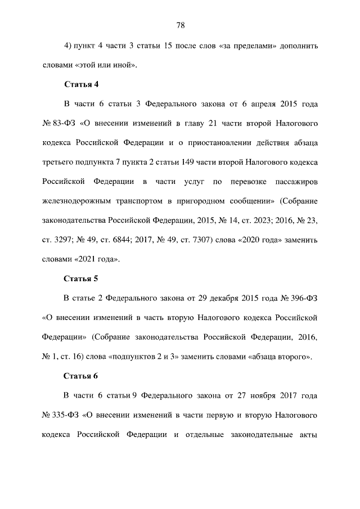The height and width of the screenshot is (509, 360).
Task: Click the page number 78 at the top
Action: (181, 25)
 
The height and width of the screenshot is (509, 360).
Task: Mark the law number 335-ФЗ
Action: (65, 416)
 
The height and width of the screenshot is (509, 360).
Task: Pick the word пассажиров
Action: (296, 182)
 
